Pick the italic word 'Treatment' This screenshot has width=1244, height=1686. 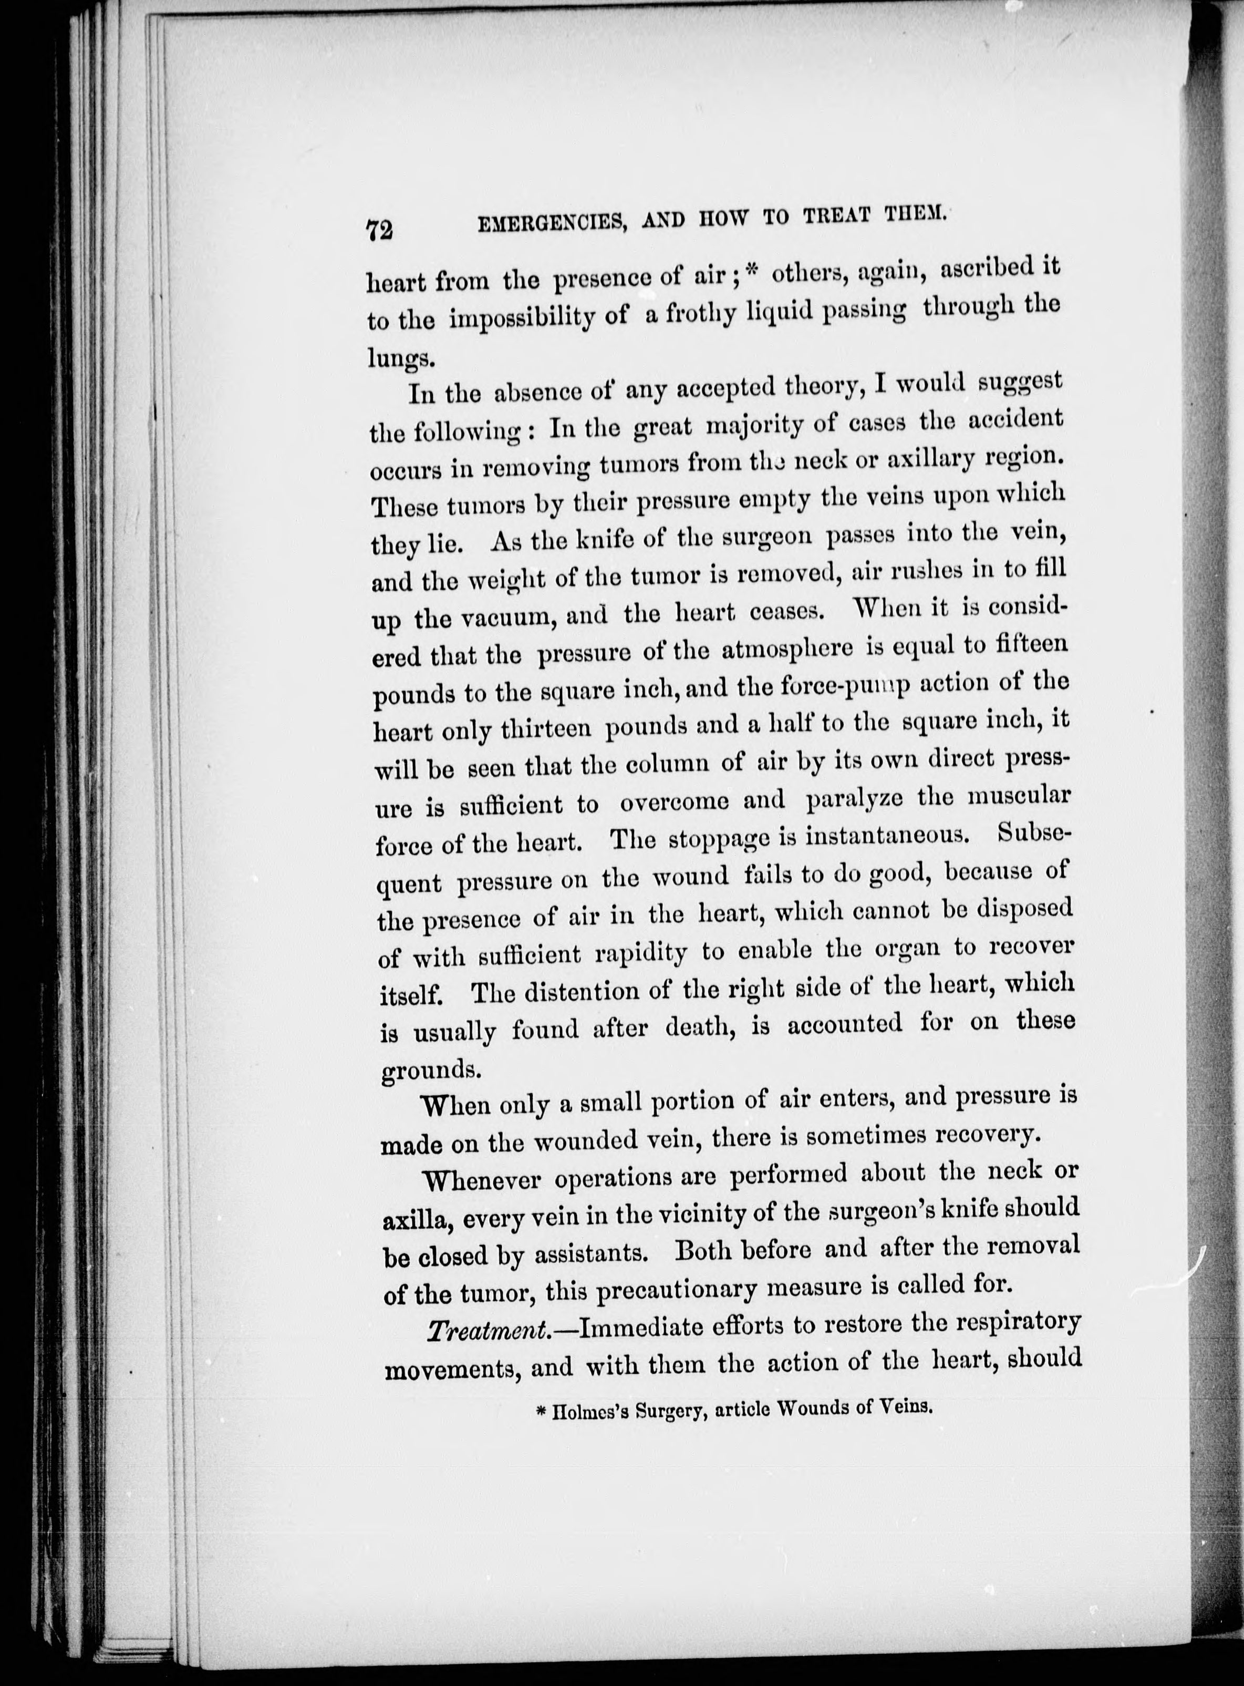click(486, 1330)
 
